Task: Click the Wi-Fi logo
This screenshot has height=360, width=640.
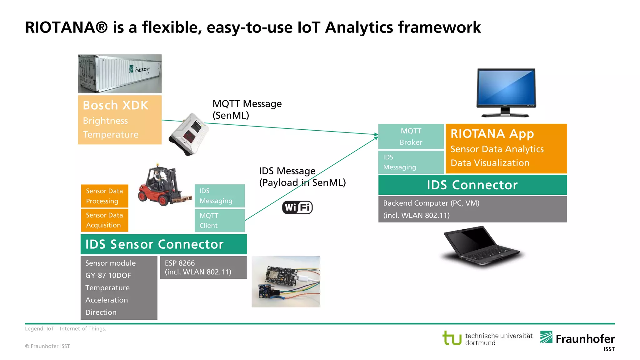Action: pyautogui.click(x=297, y=207)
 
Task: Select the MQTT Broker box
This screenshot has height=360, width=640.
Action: pyautogui.click(x=411, y=137)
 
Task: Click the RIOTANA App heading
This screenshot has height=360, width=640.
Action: pyautogui.click(x=492, y=134)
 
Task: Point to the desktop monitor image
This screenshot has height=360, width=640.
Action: pyautogui.click(x=506, y=92)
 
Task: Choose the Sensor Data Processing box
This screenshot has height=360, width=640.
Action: pyautogui.click(x=104, y=196)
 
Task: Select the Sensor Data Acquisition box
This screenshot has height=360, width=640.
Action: pyautogui.click(x=104, y=220)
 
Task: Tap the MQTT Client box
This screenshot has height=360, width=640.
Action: pyautogui.click(x=219, y=221)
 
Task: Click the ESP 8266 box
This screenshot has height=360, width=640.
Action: pyautogui.click(x=203, y=267)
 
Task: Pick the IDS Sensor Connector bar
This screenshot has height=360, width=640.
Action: pyautogui.click(x=163, y=244)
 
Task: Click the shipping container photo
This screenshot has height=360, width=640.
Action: pyautogui.click(x=120, y=74)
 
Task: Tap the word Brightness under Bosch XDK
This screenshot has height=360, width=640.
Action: pyautogui.click(x=105, y=121)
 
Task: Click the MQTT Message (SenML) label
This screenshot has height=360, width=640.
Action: pyautogui.click(x=247, y=109)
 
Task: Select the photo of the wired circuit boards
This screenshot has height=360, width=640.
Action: pyautogui.click(x=286, y=282)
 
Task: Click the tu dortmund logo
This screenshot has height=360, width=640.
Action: pyautogui.click(x=487, y=339)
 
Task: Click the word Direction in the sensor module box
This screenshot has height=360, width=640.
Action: pyautogui.click(x=101, y=312)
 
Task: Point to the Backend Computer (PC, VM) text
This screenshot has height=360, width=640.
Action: pyautogui.click(x=431, y=203)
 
